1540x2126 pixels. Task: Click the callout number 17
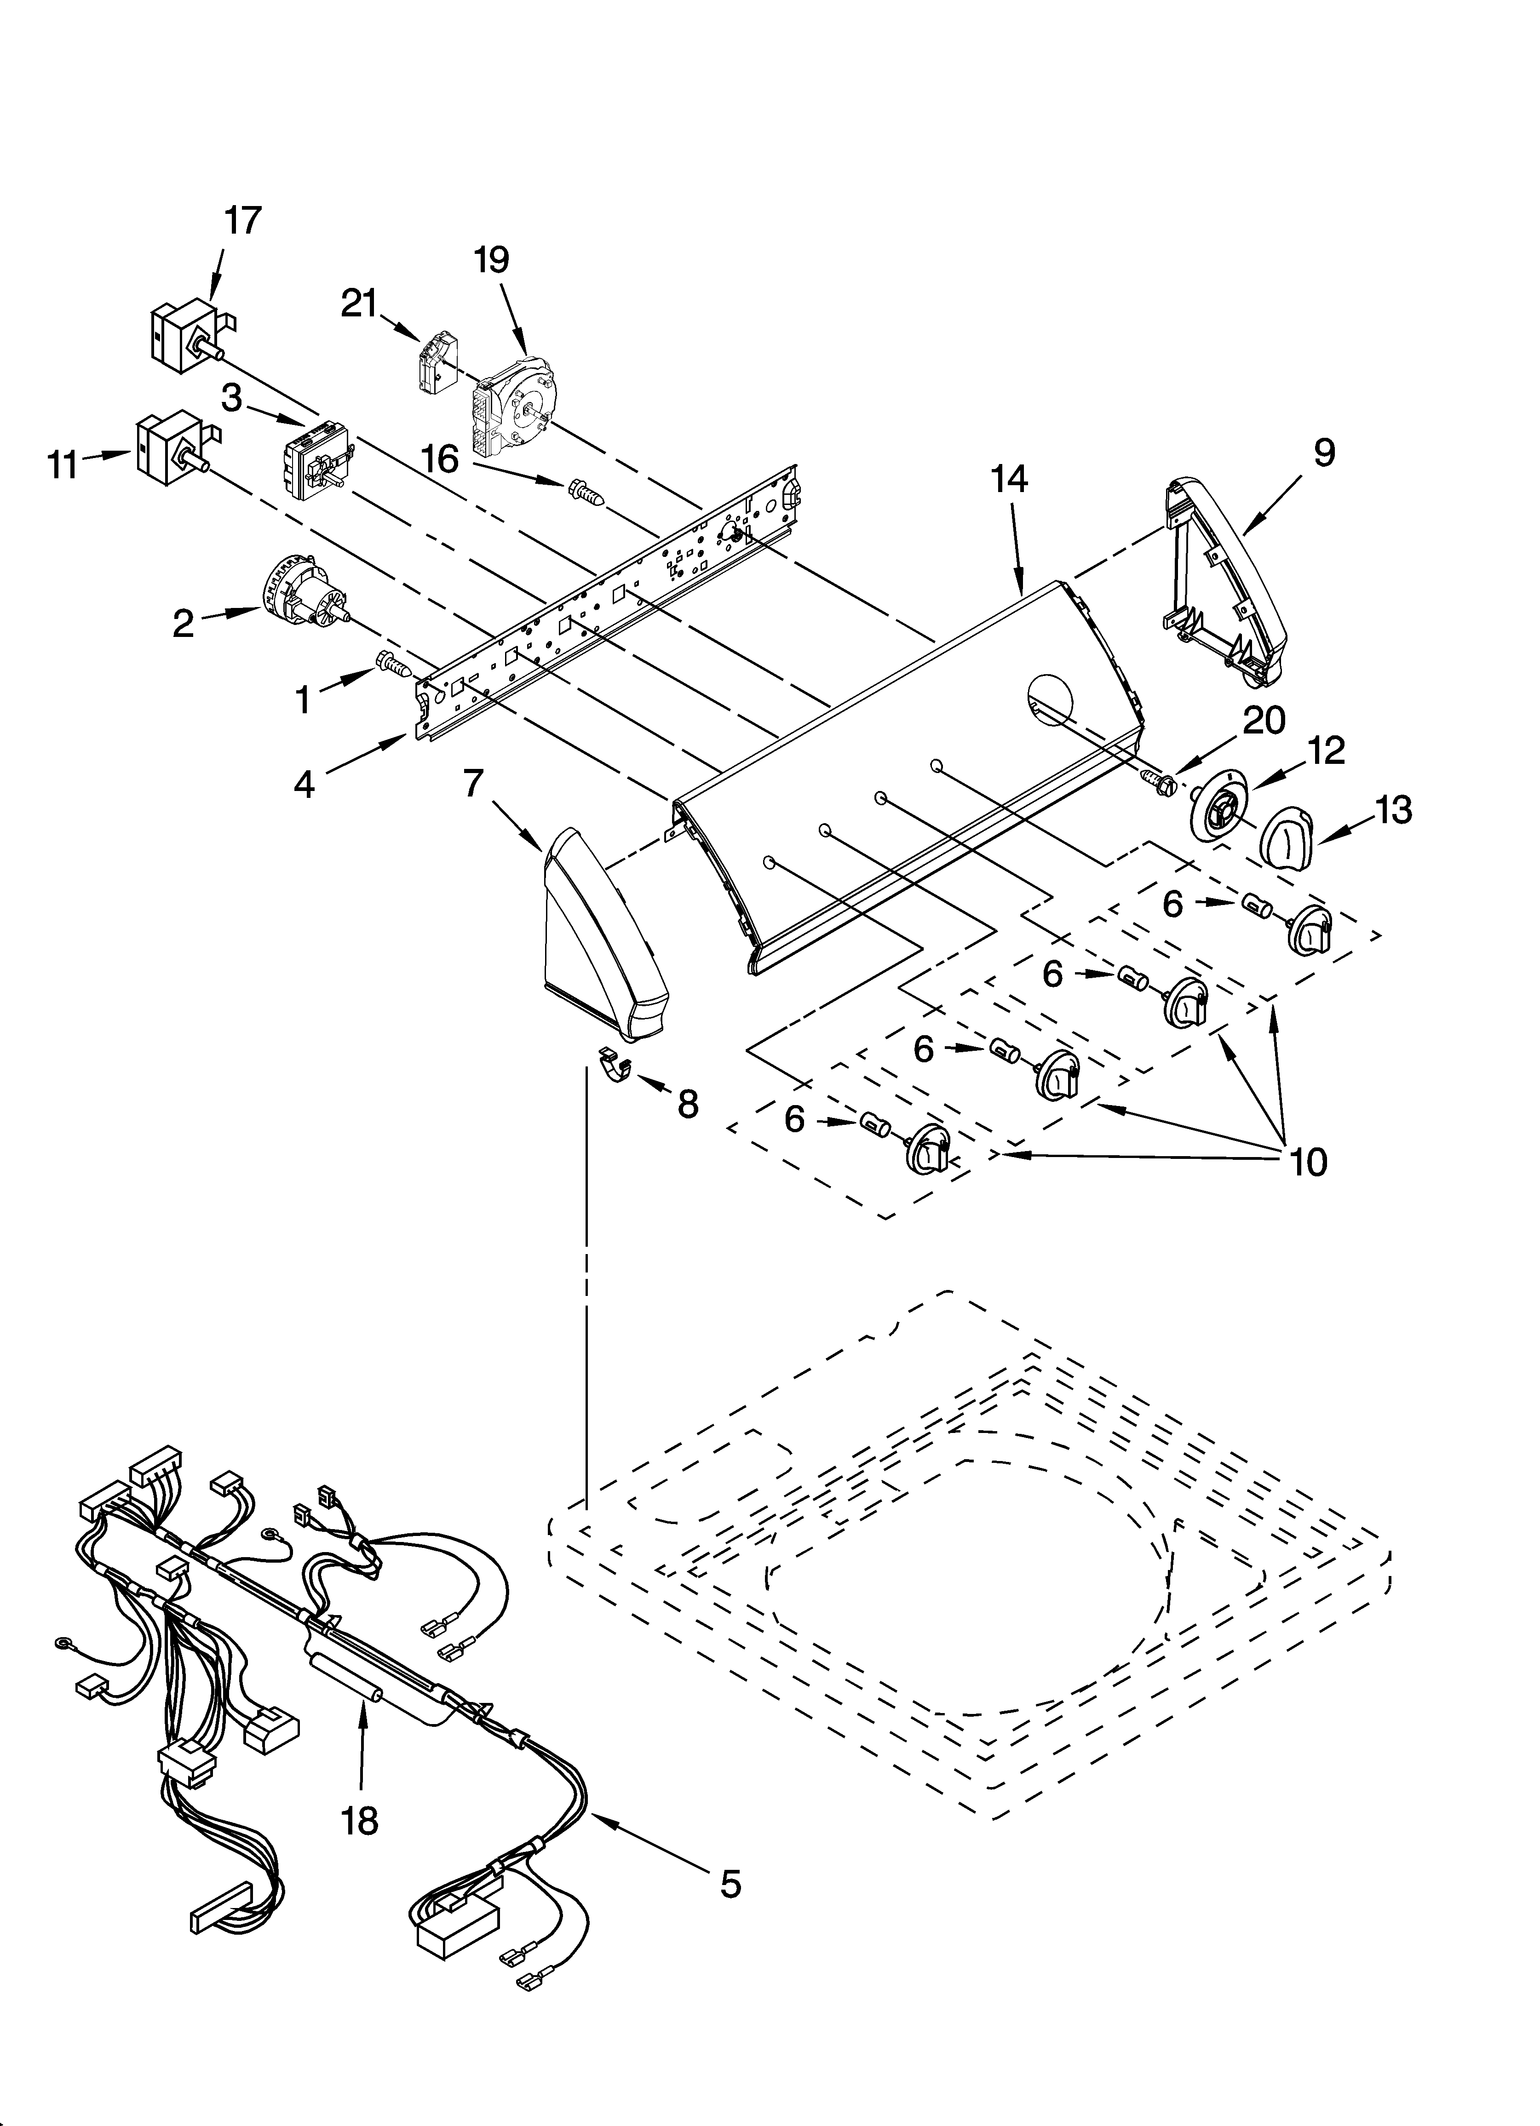[242, 221]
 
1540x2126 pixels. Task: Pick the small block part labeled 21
[435, 363]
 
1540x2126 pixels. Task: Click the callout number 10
[1308, 1163]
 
